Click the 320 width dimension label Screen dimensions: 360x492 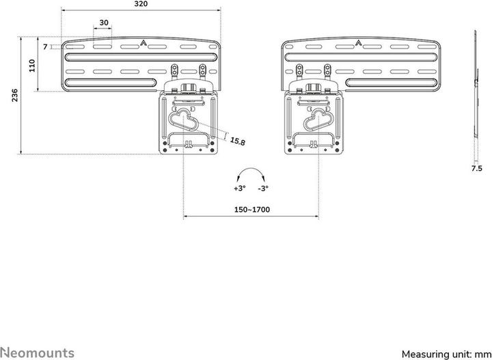click(141, 3)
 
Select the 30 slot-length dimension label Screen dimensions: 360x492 click(104, 23)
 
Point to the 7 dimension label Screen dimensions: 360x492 click(45, 46)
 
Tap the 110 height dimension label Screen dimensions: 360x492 click(32, 66)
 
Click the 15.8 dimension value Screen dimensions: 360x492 click(237, 141)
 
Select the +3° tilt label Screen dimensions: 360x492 click(239, 188)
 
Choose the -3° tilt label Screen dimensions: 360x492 click(262, 188)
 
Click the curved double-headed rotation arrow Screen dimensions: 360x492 click(251, 173)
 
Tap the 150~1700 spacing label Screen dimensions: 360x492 click(251, 209)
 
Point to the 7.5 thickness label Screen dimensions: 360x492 click(476, 167)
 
